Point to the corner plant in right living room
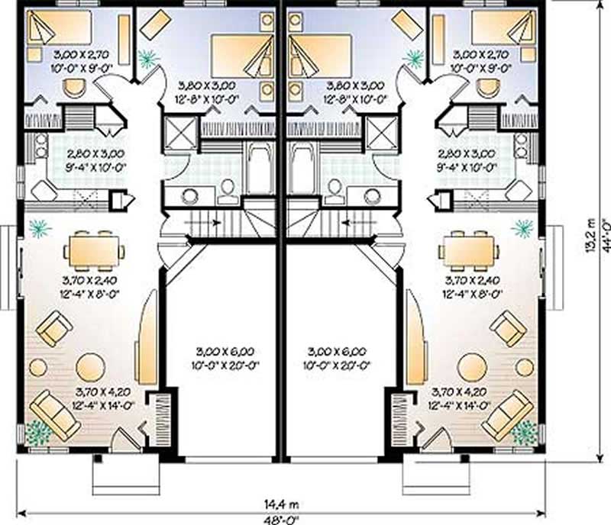pos(524,432)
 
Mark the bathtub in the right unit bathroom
pos(303,167)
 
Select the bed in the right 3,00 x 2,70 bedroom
pos(500,28)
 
